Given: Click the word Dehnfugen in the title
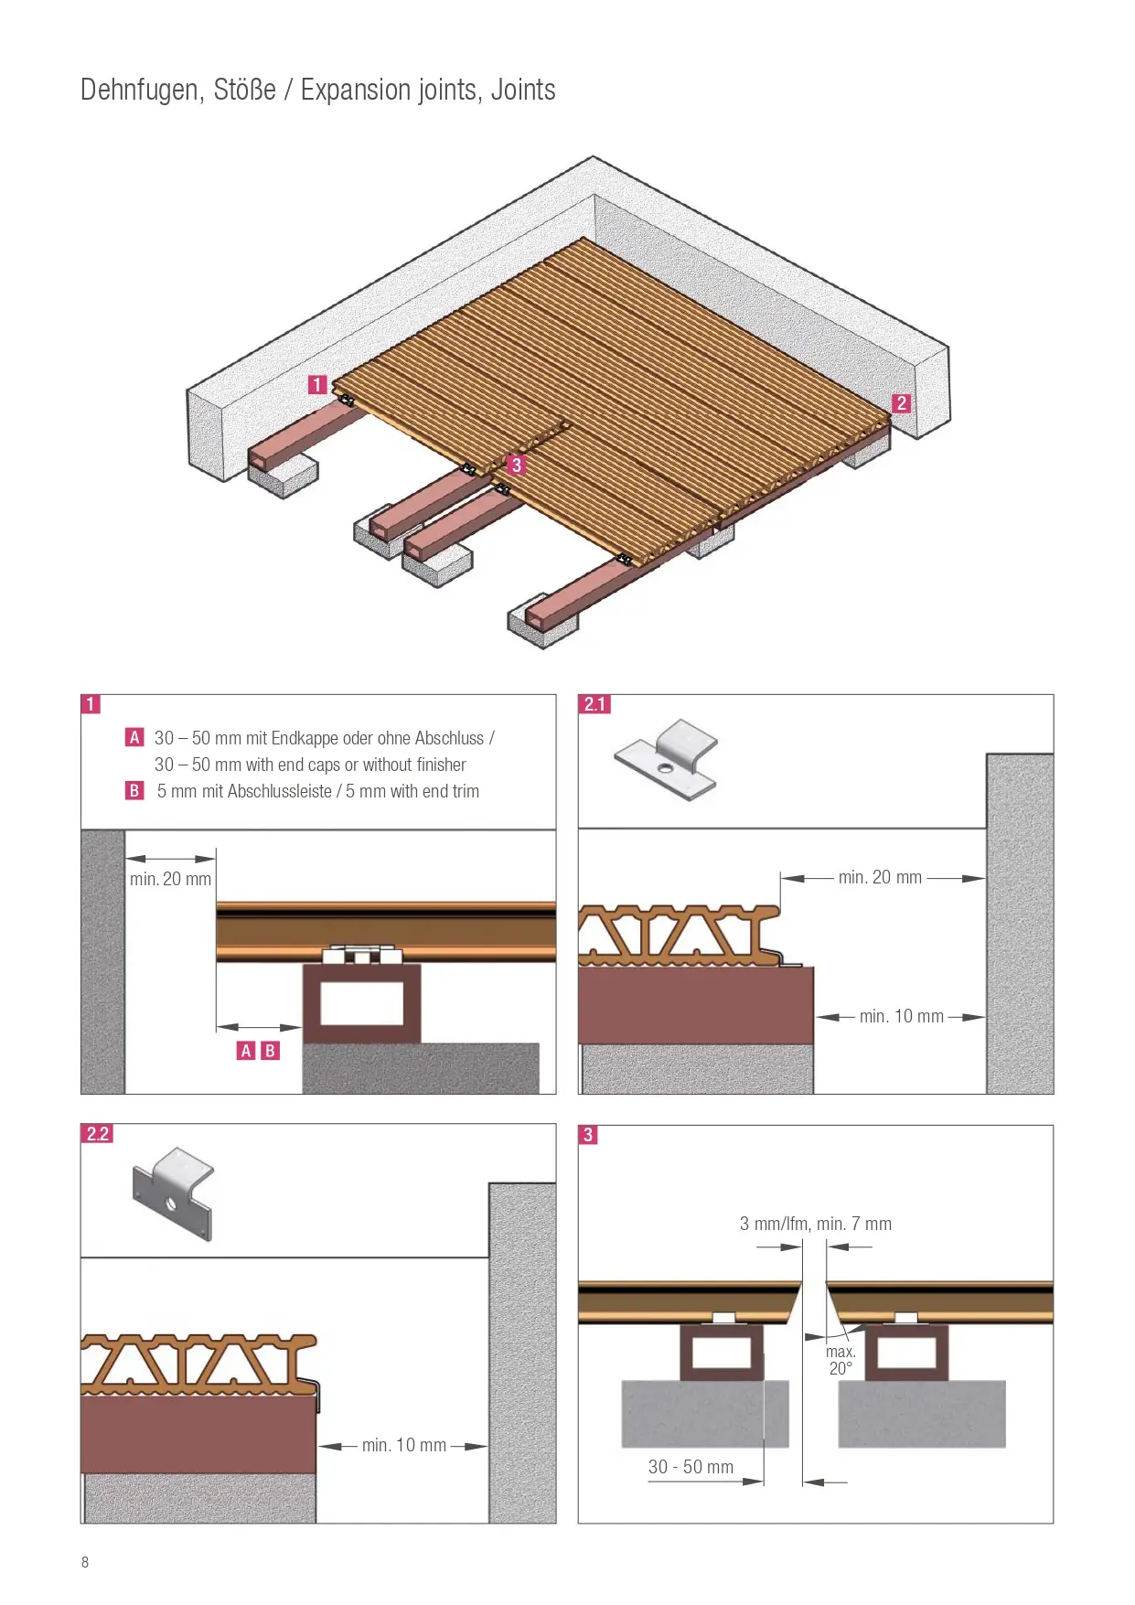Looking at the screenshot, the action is point(141,91).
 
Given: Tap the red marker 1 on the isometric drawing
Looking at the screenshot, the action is point(317,385).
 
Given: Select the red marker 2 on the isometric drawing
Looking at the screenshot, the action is point(902,403).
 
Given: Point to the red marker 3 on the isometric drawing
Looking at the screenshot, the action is point(517,465).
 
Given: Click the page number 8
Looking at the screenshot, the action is point(85,1562).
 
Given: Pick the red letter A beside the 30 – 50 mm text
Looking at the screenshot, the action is point(134,737).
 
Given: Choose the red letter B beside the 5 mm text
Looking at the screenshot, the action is point(134,790).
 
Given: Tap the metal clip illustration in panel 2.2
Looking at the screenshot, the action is point(174,1193).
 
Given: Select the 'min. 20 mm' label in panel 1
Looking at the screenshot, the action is point(171,879).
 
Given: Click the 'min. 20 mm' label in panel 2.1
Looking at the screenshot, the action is point(880,877).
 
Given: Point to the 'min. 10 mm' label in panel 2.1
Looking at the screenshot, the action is point(902,1016).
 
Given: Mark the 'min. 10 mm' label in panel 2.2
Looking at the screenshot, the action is point(404,1445).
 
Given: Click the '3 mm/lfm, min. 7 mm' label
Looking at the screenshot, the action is point(816,1224).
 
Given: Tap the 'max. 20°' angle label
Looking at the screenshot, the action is point(841,1360).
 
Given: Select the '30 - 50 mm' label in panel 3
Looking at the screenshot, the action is point(691,1467).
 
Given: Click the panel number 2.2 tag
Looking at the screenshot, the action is point(98,1134).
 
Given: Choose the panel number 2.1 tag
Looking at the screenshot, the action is point(595,704).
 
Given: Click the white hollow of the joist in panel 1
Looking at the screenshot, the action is point(361,1004).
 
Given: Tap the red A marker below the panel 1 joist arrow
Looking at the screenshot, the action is point(246,1051).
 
